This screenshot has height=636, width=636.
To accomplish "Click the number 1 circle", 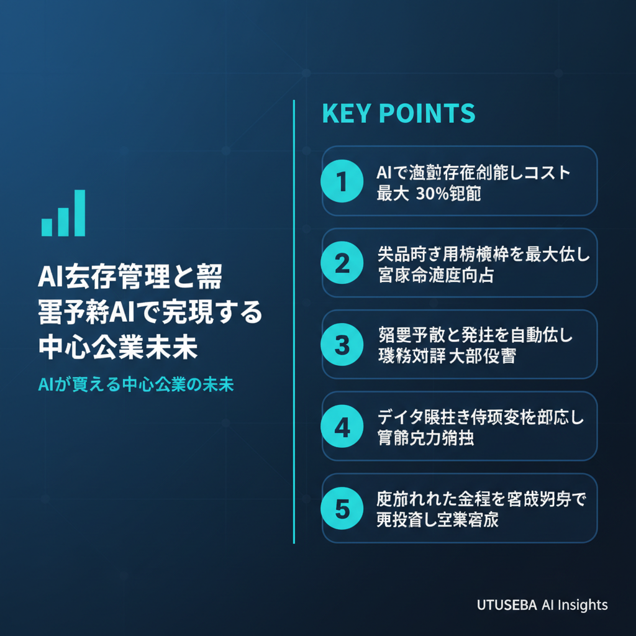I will tap(341, 181).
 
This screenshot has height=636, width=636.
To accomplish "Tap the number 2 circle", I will tap(341, 263).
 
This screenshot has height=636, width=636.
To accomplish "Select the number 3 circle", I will tap(341, 344).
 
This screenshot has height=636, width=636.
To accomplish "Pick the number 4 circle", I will tap(341, 427).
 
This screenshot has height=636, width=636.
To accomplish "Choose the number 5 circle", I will tap(341, 508).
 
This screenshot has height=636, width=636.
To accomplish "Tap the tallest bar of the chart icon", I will tap(79, 213).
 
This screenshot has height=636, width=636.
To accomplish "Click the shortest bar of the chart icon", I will tap(47, 227).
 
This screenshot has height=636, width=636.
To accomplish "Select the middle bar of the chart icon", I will tap(63, 221).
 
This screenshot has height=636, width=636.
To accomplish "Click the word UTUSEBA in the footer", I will tap(502, 605).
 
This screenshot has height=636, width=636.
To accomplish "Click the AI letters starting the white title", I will tap(52, 278).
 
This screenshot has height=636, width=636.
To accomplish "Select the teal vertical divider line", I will tap(293, 323).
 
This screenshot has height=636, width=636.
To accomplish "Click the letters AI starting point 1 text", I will tap(384, 172).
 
